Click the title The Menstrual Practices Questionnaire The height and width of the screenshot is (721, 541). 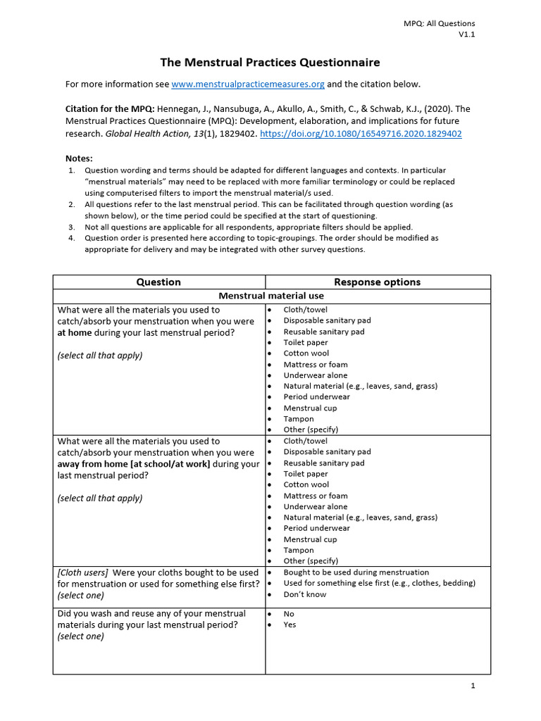(x=271, y=62)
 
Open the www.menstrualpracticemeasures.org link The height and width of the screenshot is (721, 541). (x=248, y=84)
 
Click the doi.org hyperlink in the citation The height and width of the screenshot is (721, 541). (x=361, y=133)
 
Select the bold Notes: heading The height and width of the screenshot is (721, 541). (x=79, y=158)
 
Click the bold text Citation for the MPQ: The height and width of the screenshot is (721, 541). (x=110, y=109)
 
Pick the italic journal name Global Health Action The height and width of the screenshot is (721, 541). (x=139, y=133)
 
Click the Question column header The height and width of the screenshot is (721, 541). (x=158, y=282)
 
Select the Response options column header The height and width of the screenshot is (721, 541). (x=377, y=282)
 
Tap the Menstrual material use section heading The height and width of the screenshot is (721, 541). (x=271, y=296)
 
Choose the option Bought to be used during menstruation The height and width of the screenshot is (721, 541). (x=356, y=572)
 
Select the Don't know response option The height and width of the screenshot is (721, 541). (x=304, y=594)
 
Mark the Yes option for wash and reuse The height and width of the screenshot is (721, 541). (x=290, y=625)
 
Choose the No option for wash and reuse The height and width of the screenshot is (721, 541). (x=289, y=614)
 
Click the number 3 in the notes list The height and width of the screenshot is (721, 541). (x=72, y=227)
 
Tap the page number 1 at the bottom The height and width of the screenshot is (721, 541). (x=473, y=686)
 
